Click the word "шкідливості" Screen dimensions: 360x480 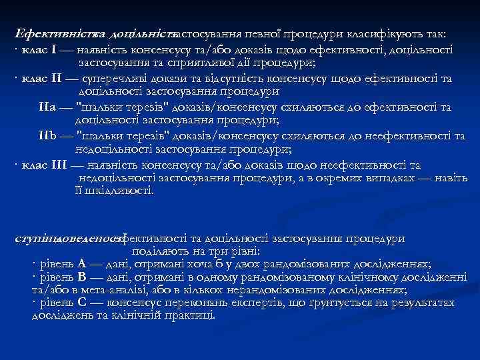(x=119, y=192)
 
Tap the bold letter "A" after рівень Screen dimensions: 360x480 (x=81, y=263)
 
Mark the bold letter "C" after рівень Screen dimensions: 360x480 (x=81, y=303)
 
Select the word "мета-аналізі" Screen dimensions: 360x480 (x=109, y=290)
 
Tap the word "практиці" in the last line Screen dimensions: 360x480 (x=190, y=315)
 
